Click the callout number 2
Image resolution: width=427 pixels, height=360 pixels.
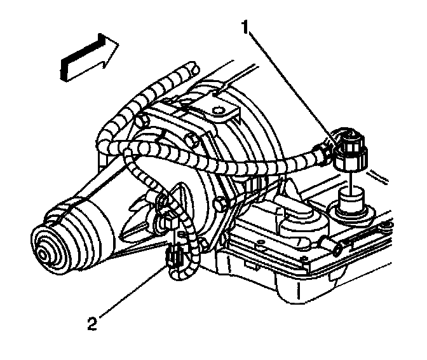[x=93, y=324]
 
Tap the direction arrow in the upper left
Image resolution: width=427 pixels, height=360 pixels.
[x=89, y=57]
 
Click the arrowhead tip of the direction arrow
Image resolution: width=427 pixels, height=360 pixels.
[x=118, y=45]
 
